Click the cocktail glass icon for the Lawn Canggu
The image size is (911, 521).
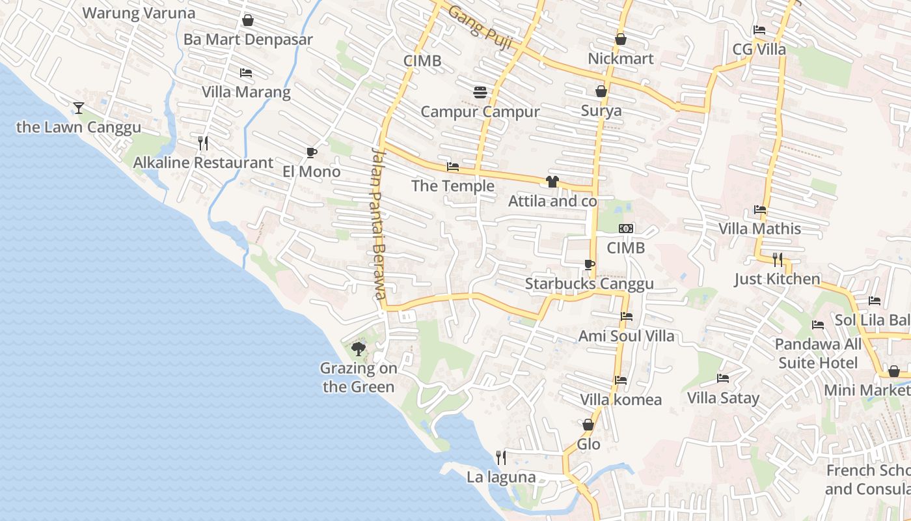pos(79,107)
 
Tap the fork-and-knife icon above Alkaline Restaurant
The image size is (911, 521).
pos(203,143)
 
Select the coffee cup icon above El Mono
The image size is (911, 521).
pos(312,152)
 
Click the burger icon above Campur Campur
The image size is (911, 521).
pos(480,92)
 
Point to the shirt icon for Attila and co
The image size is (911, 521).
pos(552,181)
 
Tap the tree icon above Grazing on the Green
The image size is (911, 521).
pos(358,349)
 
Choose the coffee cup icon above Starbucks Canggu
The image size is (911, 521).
pos(589,264)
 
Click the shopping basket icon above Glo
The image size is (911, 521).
pos(588,425)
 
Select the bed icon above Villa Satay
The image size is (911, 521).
pos(723,378)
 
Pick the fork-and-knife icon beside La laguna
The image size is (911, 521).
pos(500,458)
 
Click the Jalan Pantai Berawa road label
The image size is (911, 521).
pos(379,222)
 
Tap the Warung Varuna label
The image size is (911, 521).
pos(139,13)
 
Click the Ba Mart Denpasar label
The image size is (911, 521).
pos(248,40)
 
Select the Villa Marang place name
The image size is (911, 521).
pos(246,92)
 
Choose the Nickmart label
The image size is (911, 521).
pos(620,59)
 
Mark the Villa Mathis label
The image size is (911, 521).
pos(759,229)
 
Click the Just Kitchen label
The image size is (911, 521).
pos(777,279)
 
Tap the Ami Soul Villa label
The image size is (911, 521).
pos(627,336)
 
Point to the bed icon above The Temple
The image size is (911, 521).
pos(453,167)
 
